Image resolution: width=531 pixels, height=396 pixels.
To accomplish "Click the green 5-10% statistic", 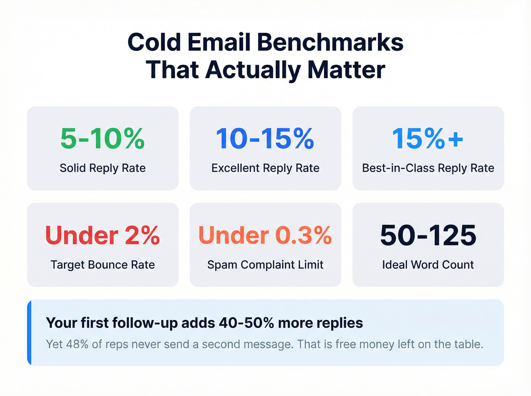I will point(102,139).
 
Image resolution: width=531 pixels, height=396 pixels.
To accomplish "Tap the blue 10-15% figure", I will point(265,139).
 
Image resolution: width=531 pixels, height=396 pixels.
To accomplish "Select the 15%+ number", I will point(428,139).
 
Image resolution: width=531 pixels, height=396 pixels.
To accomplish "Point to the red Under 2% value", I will point(102,235).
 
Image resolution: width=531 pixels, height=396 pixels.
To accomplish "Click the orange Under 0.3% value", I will point(265,235).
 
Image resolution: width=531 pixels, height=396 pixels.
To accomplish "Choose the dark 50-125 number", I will point(428,235).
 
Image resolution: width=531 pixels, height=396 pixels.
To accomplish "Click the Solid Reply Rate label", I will point(102,168).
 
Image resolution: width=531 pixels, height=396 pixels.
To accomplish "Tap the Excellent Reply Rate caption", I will point(265,168).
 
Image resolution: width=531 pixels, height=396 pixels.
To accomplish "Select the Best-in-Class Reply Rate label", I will point(428,168).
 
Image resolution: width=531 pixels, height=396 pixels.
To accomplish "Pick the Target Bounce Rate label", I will point(102,265).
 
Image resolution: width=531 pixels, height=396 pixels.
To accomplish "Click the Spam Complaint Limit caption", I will point(265,265).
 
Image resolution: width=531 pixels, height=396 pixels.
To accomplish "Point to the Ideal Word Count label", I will point(428,265).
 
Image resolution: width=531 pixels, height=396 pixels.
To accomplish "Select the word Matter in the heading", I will point(346,70).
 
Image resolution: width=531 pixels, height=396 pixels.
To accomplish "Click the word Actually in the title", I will point(253,70).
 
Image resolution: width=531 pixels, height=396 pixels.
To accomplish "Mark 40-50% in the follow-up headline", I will point(246,323).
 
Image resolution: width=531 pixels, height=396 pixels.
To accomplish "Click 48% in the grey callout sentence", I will point(77,344).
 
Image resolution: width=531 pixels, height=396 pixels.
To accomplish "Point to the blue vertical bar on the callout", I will point(29,333).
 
